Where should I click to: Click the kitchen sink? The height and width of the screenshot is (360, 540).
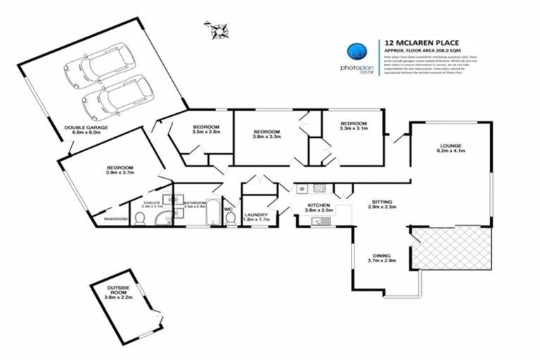click(x=319, y=221)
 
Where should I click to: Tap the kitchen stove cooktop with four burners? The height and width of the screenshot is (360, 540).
click(x=319, y=188)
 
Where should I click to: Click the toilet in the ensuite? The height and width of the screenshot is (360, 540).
click(x=140, y=219)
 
